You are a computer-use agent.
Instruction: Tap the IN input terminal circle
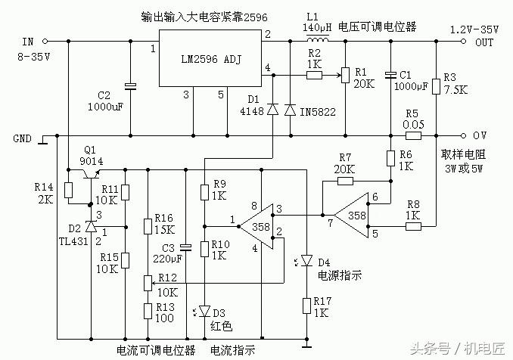(x=45, y=41)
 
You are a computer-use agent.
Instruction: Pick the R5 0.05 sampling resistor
(x=413, y=136)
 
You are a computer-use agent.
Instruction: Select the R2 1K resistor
(x=313, y=75)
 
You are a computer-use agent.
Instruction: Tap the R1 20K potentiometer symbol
(x=344, y=76)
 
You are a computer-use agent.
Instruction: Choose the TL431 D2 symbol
(x=90, y=226)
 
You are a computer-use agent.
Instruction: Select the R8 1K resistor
(x=412, y=225)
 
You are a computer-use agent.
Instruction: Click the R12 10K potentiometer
(x=148, y=283)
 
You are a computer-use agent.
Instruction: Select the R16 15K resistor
(x=148, y=227)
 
